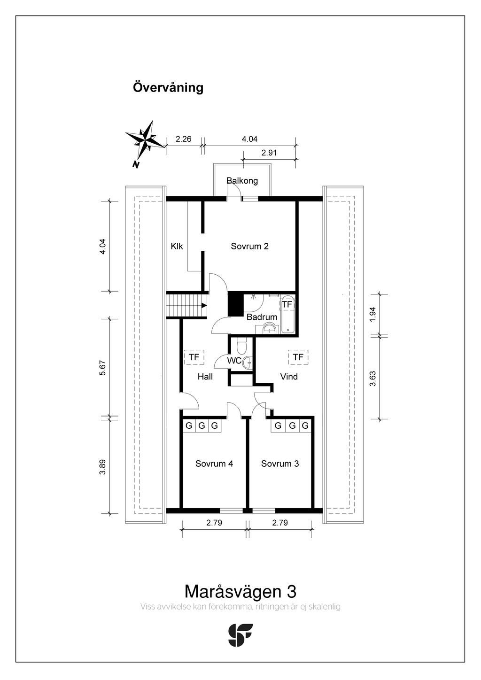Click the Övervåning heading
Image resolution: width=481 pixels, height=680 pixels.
click(168, 88)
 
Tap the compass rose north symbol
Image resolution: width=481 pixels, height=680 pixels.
click(146, 140)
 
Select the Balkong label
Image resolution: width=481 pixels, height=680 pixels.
click(242, 181)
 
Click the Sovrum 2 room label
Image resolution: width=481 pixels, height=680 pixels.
click(249, 246)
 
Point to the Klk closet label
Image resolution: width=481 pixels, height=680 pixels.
click(177, 246)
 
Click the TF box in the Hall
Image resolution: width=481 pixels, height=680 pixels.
click(194, 357)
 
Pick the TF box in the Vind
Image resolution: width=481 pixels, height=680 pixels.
click(298, 357)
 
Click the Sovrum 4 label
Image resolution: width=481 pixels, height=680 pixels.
click(214, 464)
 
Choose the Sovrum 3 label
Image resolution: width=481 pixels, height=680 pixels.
click(280, 464)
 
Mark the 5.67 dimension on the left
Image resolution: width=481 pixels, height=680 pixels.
click(103, 367)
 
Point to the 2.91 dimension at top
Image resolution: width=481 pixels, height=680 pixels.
click(270, 153)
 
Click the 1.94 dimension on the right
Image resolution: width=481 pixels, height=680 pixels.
click(372, 314)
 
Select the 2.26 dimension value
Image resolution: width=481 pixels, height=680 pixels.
click(183, 139)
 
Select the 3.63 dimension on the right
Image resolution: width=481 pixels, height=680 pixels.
click(372, 379)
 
